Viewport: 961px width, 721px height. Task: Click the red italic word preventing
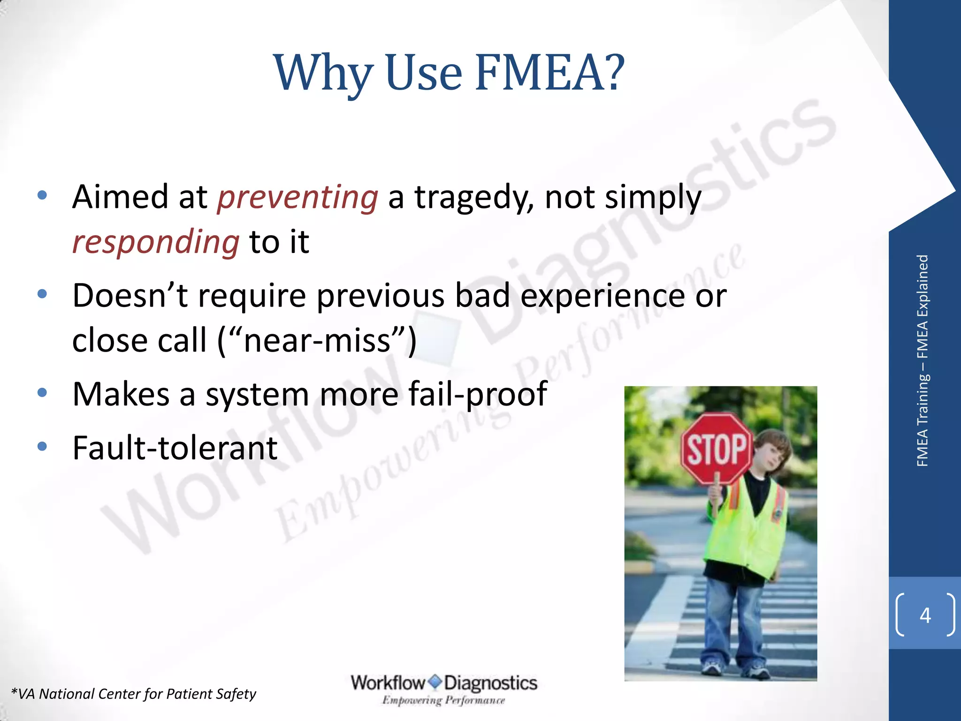(x=297, y=197)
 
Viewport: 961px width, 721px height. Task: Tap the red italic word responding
(x=156, y=242)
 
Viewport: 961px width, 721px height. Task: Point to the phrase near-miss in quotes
(x=317, y=340)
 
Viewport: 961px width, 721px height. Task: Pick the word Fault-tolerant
(x=175, y=448)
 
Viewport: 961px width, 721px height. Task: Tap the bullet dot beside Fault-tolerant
(x=42, y=446)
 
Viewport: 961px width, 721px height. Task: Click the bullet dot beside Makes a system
(x=42, y=392)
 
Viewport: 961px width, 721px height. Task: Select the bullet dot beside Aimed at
(x=42, y=195)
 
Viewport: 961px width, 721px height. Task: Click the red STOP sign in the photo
(x=716, y=449)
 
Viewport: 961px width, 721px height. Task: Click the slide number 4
(x=925, y=615)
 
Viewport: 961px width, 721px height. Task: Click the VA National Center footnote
(x=134, y=694)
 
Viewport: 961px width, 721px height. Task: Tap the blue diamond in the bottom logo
(x=435, y=681)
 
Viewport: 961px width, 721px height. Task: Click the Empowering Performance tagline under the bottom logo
(x=443, y=700)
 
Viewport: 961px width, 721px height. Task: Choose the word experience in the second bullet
(x=603, y=297)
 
